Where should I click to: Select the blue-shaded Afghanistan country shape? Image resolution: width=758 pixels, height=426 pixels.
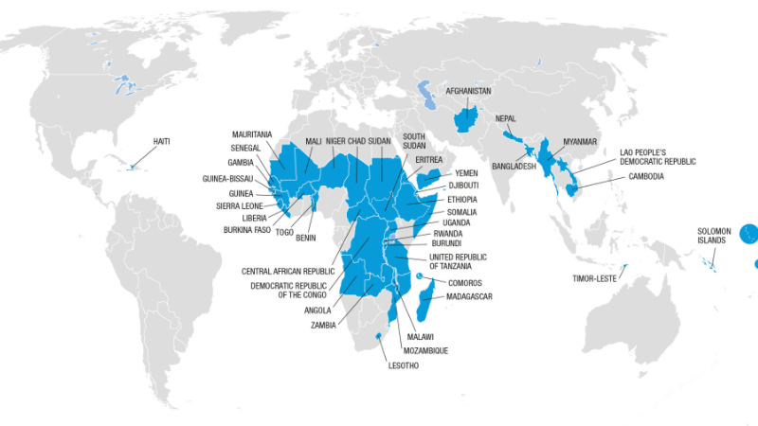465,120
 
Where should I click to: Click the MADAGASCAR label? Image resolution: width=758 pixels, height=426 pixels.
463,296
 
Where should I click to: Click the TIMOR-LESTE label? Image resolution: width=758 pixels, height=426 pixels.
595,279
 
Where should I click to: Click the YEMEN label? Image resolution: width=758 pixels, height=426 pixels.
466,173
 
